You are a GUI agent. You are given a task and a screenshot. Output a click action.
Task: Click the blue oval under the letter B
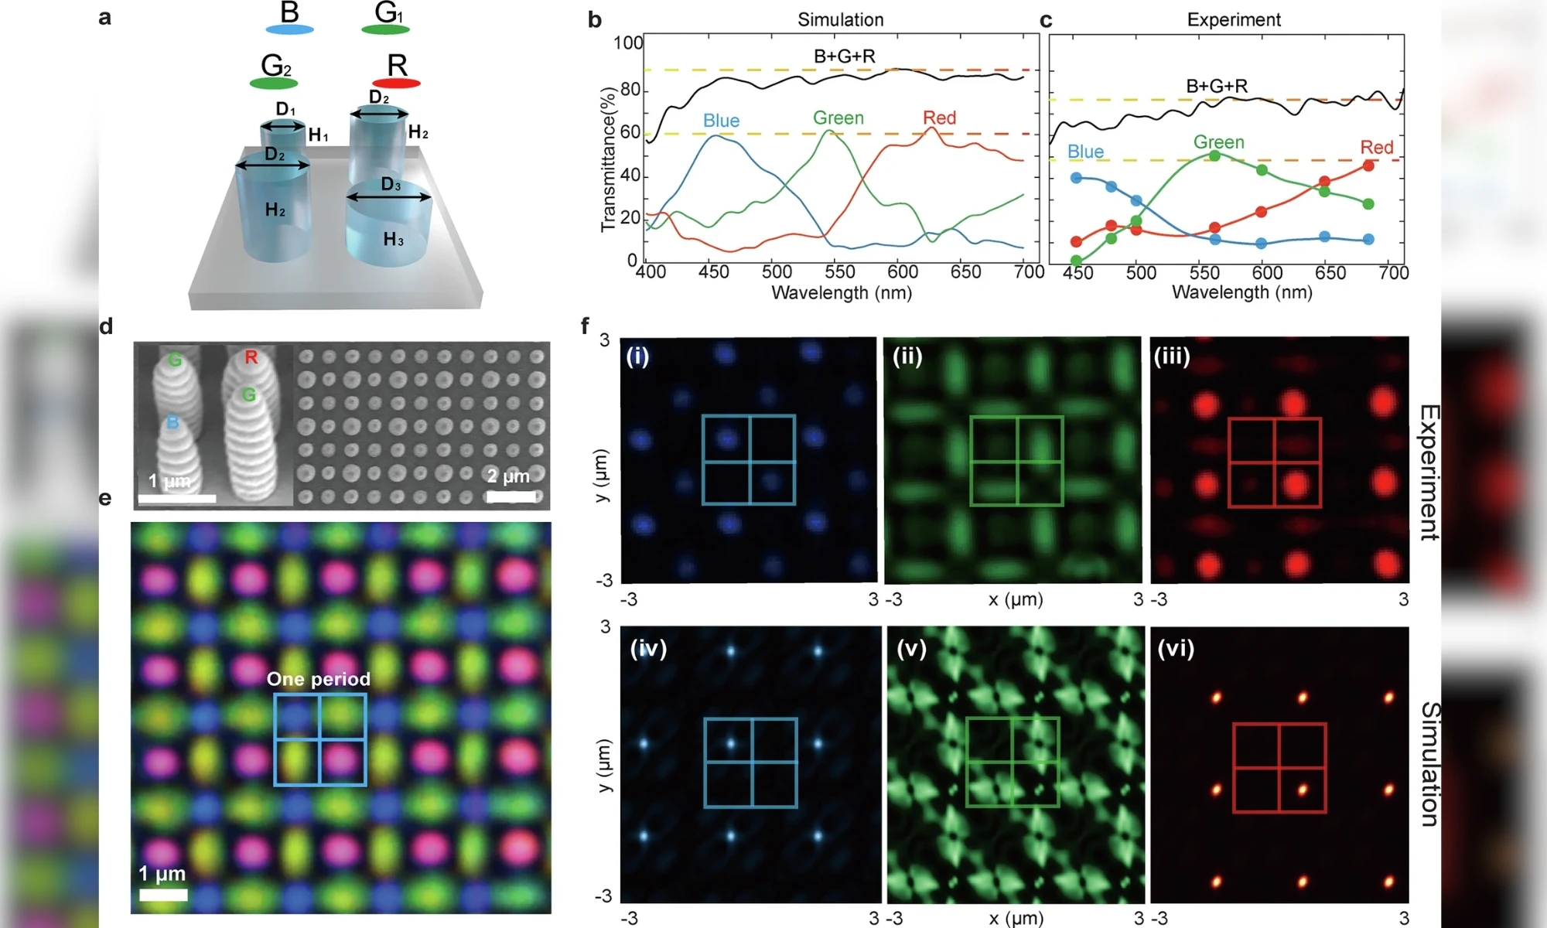[x=289, y=29]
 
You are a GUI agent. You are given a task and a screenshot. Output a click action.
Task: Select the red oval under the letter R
[x=396, y=83]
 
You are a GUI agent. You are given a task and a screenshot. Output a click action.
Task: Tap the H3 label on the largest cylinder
[x=393, y=240]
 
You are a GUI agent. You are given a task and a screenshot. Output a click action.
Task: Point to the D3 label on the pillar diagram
[x=391, y=185]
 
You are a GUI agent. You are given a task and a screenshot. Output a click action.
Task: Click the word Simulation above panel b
[x=840, y=19]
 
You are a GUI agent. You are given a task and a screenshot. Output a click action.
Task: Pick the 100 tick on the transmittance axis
[x=627, y=43]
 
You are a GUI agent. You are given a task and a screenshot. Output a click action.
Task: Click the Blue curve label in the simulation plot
[x=721, y=121]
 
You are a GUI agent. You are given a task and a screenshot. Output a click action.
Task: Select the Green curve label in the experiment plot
[x=1218, y=142]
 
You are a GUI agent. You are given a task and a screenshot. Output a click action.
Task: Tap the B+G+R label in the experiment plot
[x=1217, y=86]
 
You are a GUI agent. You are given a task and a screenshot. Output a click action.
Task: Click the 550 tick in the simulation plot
[x=840, y=271]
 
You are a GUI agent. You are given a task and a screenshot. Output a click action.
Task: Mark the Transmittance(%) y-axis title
[x=608, y=160]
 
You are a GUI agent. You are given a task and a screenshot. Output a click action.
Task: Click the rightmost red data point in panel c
[x=1368, y=165]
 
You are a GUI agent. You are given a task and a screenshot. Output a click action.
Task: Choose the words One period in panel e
[x=319, y=679]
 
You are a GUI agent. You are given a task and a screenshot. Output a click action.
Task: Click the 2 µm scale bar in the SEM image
[x=511, y=496]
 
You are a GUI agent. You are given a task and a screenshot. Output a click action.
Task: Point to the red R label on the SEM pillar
[x=251, y=357]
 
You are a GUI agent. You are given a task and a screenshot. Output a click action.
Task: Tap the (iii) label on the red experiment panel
[x=1172, y=357]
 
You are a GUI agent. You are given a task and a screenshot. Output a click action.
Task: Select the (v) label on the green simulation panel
[x=911, y=648]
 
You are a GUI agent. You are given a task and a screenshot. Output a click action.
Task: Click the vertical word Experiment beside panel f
[x=1429, y=472]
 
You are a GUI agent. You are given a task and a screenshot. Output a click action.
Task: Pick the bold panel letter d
[x=106, y=326]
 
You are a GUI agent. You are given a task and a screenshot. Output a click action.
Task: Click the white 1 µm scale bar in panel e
[x=163, y=895]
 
